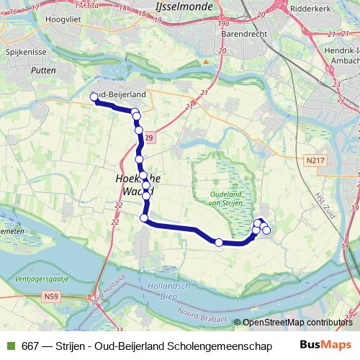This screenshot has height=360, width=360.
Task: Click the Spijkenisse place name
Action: (26, 54)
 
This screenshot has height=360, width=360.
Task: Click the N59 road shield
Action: (50, 295)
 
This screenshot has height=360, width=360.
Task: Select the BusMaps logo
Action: (325, 346)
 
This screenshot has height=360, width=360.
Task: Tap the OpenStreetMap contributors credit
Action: (297, 323)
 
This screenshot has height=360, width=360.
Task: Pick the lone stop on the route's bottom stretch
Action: (219, 243)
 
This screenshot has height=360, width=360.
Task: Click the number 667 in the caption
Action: (30, 346)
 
